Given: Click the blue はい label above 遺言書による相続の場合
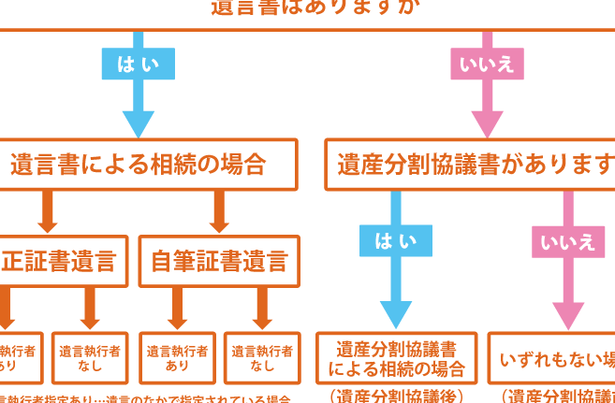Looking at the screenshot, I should tap(138, 64).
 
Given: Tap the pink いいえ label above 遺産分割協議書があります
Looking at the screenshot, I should tap(487, 64).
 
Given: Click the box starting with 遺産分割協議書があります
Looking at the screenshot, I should tap(473, 165).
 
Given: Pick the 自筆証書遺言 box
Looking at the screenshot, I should tap(219, 261).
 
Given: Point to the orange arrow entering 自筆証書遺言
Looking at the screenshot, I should tap(219, 213).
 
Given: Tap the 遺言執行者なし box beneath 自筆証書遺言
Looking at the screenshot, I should tap(262, 357).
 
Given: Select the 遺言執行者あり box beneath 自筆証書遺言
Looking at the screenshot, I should tap(177, 357).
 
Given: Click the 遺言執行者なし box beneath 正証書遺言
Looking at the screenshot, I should tap(90, 357).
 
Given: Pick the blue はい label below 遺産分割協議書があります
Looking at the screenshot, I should tap(395, 240).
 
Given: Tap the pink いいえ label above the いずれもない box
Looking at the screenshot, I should tap(566, 240).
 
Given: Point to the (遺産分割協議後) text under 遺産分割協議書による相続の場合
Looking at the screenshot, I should tap(396, 395).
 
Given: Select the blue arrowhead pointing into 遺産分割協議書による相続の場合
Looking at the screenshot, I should tap(395, 314).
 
